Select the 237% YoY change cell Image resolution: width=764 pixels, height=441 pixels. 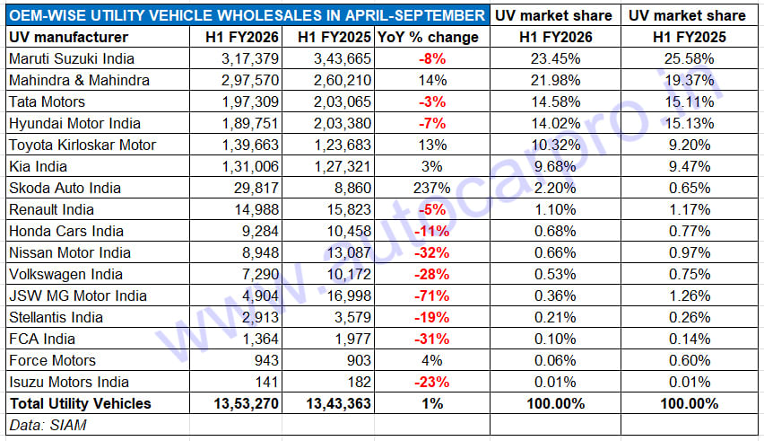[432, 188]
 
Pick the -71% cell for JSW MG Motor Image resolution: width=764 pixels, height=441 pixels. [432, 295]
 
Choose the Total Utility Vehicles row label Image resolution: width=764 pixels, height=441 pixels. [80, 403]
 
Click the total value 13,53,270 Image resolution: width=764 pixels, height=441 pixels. [246, 403]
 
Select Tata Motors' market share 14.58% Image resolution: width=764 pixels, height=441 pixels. [557, 101]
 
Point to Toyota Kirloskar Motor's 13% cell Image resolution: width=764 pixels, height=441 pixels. [432, 145]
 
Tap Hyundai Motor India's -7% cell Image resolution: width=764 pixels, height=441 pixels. [432, 123]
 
